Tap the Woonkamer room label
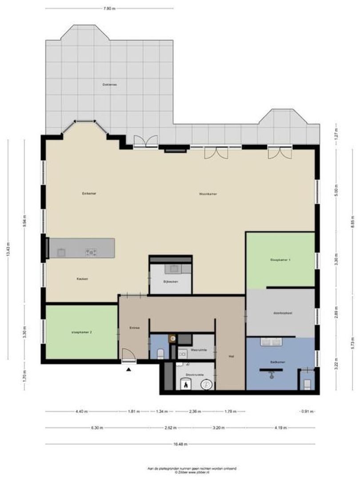(x=208, y=194)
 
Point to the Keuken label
(x=82, y=279)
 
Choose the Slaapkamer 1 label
(x=280, y=260)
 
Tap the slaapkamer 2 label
(x=81, y=332)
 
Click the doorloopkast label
(x=283, y=312)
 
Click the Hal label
(x=231, y=356)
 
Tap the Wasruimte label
(x=198, y=350)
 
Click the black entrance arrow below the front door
(x=129, y=369)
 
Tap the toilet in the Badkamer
(x=306, y=382)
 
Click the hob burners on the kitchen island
(x=92, y=252)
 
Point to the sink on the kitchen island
(x=61, y=252)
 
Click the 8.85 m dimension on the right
(x=352, y=226)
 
